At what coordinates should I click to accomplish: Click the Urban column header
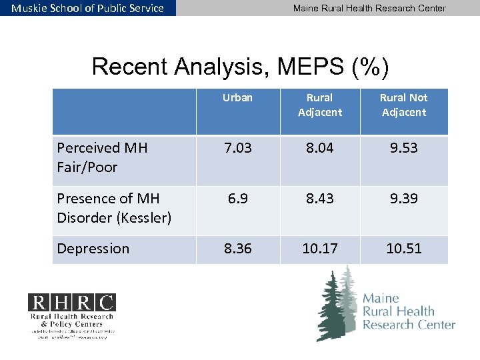tap(237, 98)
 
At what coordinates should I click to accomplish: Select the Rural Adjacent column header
tap(320, 105)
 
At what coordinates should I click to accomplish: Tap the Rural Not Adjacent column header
tap(403, 105)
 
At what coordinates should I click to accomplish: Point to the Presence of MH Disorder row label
tap(114, 208)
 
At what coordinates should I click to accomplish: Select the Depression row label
tap(93, 249)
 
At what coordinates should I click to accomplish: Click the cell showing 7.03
tap(237, 148)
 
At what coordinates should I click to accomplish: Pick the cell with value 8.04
tap(320, 148)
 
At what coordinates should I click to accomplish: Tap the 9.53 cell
tap(404, 148)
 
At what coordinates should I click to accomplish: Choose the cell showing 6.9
tap(237, 199)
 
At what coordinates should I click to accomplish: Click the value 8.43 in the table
tap(320, 199)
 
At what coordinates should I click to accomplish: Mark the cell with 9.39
tap(404, 199)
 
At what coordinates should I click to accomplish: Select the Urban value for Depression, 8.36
tap(237, 249)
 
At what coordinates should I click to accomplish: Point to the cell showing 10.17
tap(320, 249)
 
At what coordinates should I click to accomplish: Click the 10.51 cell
tap(404, 249)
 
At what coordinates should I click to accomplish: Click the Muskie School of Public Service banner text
tap(87, 8)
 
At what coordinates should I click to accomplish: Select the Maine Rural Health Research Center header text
tap(369, 8)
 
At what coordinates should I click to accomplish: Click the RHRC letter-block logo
tap(71, 303)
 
